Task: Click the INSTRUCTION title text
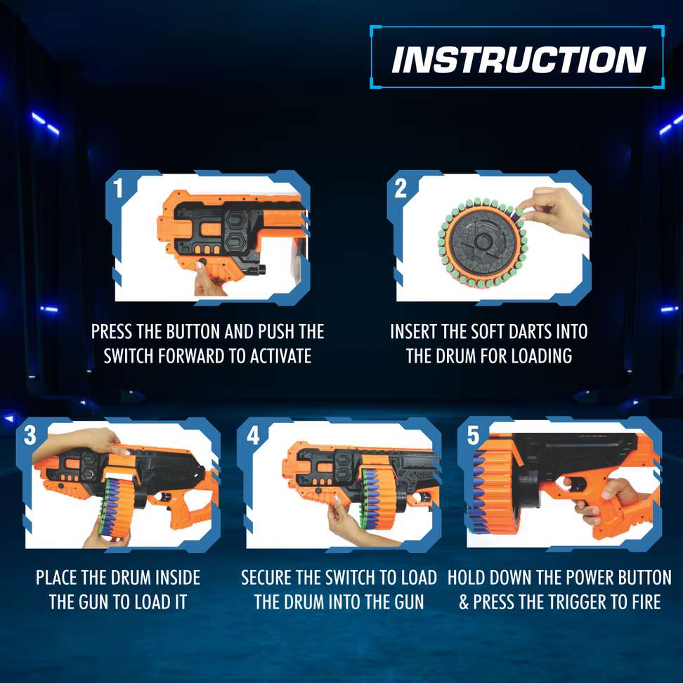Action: tap(518, 60)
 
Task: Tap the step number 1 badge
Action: tap(118, 188)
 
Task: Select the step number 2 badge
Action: tap(401, 188)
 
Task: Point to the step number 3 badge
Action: tap(30, 435)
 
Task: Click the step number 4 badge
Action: tap(253, 435)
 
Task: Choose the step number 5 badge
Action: tap(474, 435)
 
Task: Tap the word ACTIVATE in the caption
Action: tap(280, 356)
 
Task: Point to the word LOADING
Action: tap(542, 356)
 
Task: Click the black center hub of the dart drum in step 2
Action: tap(482, 241)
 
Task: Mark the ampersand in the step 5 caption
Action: tap(464, 602)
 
